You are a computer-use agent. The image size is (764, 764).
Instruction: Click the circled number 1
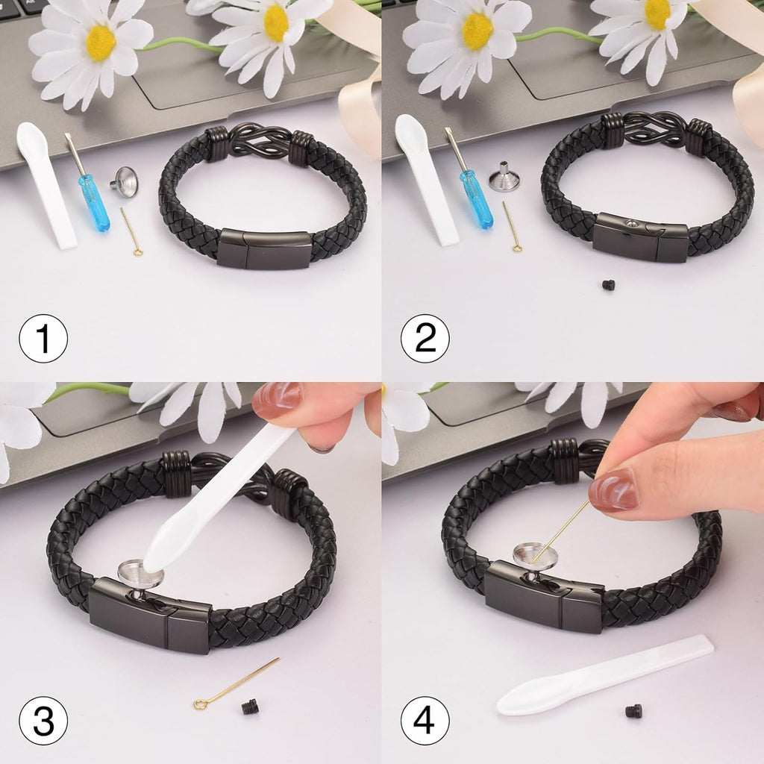pos(43,338)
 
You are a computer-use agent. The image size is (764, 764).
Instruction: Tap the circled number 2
pos(425,338)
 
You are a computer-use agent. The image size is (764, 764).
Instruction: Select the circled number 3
pos(43,720)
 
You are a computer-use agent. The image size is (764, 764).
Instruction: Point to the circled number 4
pos(425,720)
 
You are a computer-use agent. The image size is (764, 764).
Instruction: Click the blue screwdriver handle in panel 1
pos(95,202)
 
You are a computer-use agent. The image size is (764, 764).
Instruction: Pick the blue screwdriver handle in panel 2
pos(477,199)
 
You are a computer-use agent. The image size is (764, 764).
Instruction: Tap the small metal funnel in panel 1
pos(125,182)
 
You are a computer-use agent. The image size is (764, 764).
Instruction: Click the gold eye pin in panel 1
pos(131,232)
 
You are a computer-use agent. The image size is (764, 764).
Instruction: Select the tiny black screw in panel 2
pos(608,284)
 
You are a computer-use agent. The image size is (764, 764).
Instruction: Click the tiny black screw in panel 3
pos(249,707)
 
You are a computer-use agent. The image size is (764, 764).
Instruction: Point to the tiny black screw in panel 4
pos(633,711)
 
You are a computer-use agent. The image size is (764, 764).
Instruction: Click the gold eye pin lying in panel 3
pos(235,683)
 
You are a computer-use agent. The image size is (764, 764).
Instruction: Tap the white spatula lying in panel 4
pos(604,674)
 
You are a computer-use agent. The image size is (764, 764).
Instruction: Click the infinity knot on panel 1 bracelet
pos(258,142)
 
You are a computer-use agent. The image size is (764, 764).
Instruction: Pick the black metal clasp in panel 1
pos(265,249)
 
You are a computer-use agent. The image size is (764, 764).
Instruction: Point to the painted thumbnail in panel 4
pos(613,489)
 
